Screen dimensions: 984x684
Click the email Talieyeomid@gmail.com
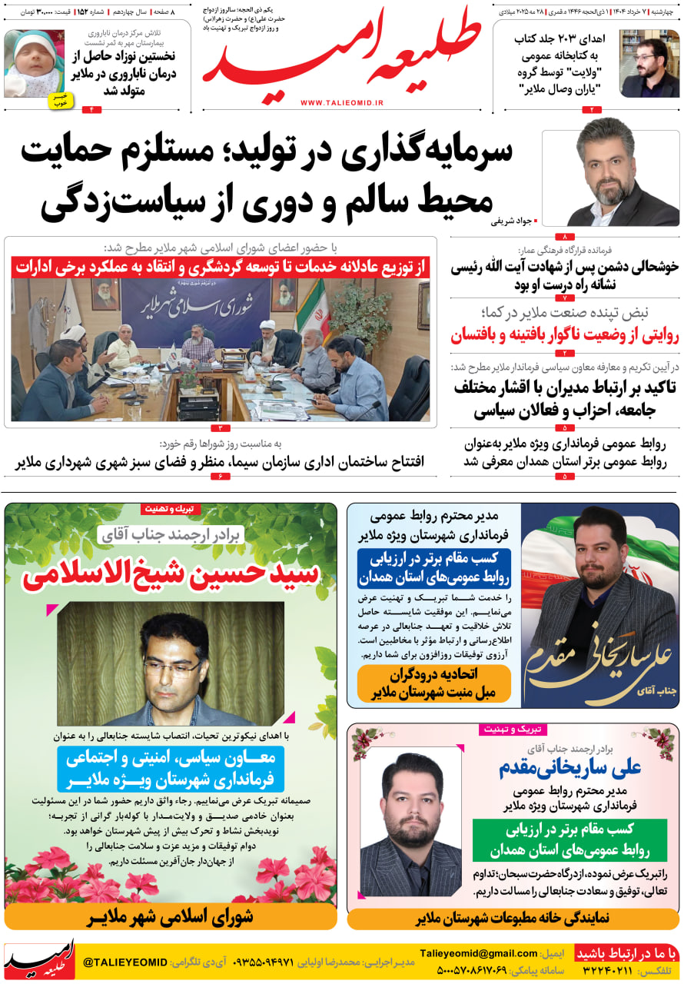(479, 954)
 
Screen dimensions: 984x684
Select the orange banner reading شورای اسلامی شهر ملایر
(171, 917)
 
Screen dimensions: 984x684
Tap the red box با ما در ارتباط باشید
(627, 954)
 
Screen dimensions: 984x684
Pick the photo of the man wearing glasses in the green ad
(170, 663)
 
